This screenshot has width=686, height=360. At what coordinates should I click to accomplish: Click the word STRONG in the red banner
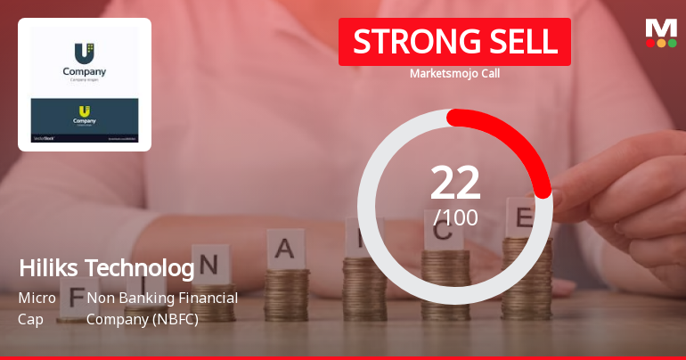click(x=402, y=42)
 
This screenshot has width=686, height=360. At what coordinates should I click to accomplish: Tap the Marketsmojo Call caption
click(x=454, y=73)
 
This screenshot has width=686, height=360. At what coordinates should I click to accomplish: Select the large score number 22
click(x=455, y=183)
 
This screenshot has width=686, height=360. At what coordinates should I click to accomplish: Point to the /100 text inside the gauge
click(x=455, y=217)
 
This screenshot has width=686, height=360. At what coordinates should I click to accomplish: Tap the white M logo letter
click(x=661, y=28)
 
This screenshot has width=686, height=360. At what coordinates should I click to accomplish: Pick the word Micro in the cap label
click(x=37, y=298)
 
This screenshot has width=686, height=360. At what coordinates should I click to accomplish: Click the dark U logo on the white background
click(x=84, y=52)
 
